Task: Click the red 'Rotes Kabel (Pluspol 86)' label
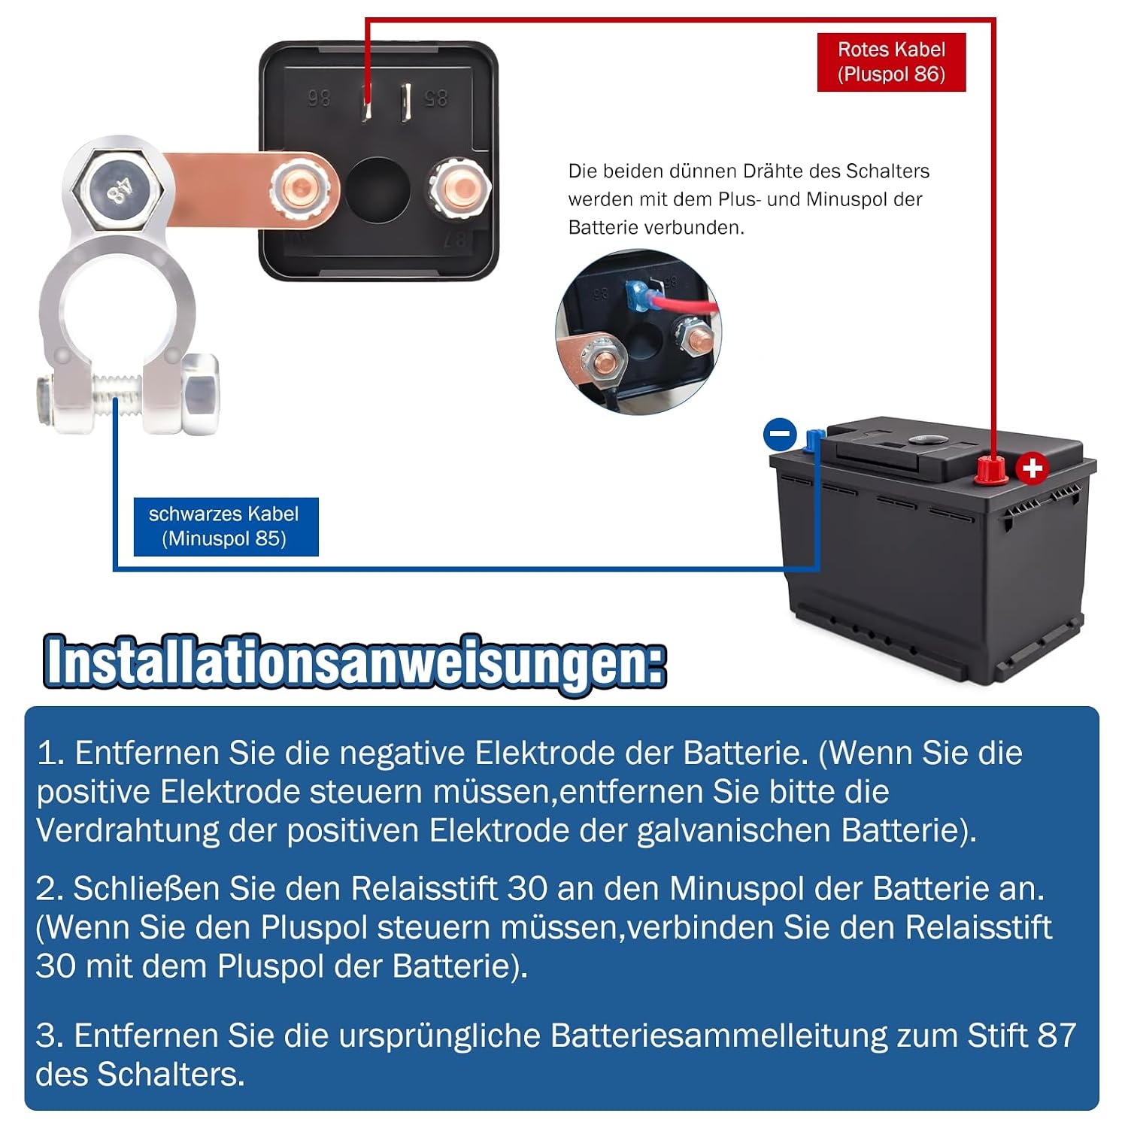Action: point(891,62)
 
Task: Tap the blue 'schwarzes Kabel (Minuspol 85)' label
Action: point(226,526)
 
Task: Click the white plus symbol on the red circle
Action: point(1032,468)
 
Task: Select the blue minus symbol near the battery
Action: point(780,434)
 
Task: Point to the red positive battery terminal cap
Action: point(991,471)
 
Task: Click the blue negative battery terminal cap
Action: point(812,439)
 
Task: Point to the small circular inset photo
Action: point(638,332)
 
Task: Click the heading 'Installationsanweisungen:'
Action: point(355,662)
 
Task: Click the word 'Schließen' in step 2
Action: point(146,889)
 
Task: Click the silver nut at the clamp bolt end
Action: point(200,393)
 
